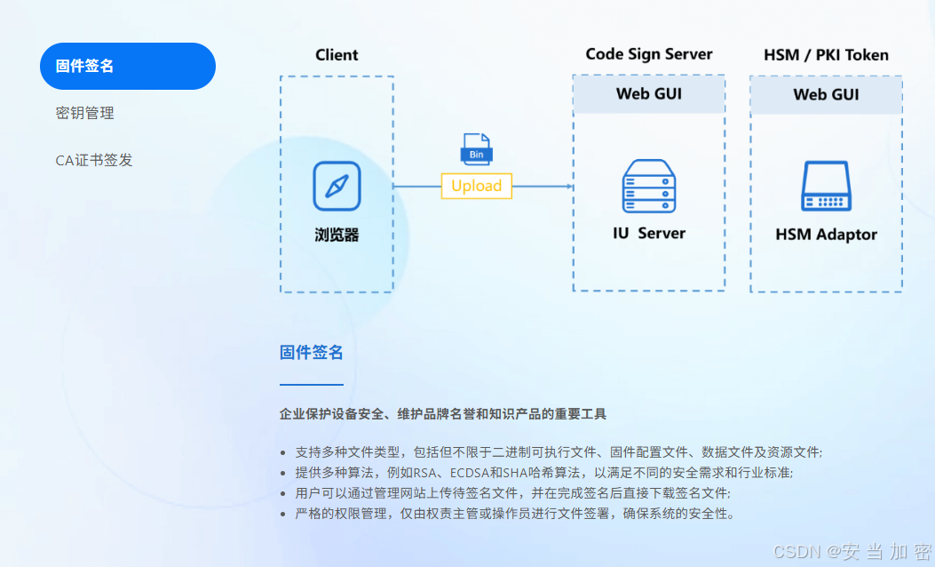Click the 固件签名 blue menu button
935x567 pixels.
coord(127,67)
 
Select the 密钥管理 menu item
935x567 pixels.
coord(84,114)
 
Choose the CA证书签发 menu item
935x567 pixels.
coord(94,161)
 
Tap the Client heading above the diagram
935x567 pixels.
coord(337,55)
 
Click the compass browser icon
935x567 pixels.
coord(337,186)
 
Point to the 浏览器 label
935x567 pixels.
coord(337,236)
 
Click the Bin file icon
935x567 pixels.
coord(476,149)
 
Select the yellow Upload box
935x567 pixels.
coord(476,186)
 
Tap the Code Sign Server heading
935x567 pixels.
coord(648,54)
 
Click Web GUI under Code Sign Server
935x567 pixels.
coord(648,94)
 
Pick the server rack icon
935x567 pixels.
coord(648,186)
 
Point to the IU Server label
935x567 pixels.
coord(648,234)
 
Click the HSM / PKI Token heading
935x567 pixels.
coord(826,55)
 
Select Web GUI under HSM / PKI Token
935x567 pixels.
coord(826,94)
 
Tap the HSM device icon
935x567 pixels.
coord(826,187)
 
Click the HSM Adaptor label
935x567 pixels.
coord(826,235)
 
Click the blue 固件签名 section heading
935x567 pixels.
coord(311,353)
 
